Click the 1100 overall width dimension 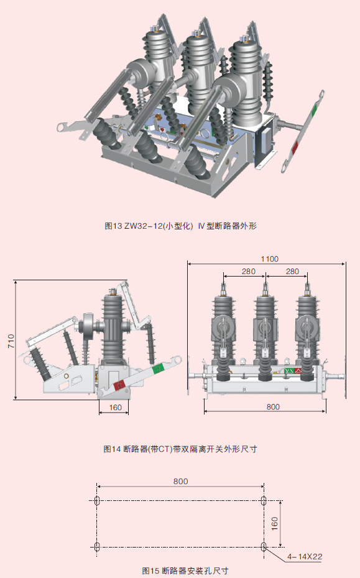(269, 259)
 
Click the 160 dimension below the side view (114, 408)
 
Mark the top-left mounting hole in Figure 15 (96, 501)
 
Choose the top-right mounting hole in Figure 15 (264, 501)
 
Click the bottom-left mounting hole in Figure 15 (96, 546)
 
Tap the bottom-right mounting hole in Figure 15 (264, 546)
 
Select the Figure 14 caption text (180, 448)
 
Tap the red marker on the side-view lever (119, 385)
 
